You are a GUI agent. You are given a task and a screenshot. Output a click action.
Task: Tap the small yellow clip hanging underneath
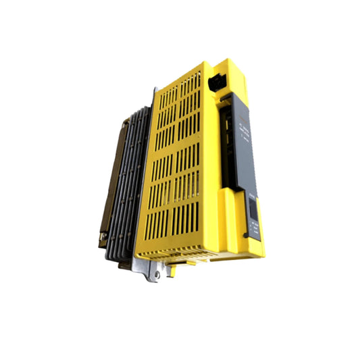tap(174, 269)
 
